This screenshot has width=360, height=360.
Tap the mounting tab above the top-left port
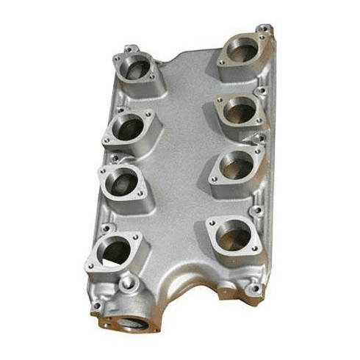pos(131,48)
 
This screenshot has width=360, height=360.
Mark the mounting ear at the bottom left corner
pos(96,306)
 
